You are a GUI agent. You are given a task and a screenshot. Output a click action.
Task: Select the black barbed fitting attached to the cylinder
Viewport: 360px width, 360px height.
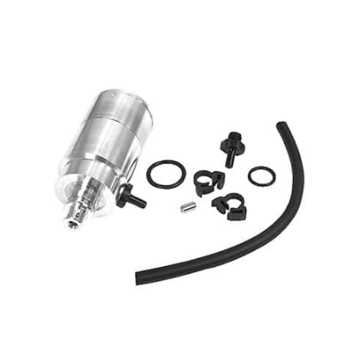(128, 197)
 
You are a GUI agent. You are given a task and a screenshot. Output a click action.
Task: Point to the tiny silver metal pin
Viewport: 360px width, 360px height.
(186, 207)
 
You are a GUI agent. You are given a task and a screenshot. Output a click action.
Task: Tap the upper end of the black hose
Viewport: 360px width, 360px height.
(282, 127)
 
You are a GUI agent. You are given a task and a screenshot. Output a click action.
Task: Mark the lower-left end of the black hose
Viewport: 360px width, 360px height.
(140, 278)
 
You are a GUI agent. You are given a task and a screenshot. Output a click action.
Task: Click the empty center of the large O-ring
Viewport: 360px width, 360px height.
(166, 173)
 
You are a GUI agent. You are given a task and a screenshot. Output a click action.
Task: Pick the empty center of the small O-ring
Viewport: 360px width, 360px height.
(260, 175)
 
